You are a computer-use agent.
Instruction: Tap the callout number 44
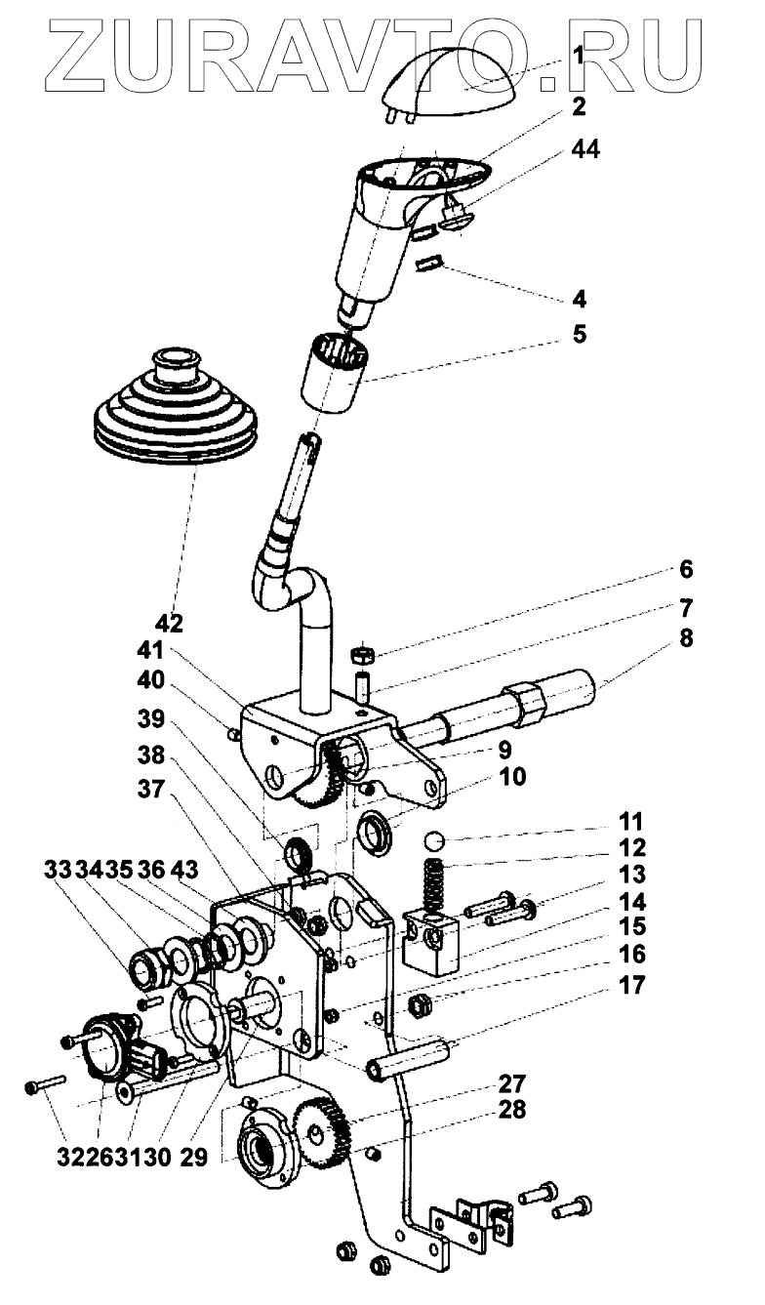tap(585, 149)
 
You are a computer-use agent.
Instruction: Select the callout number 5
tap(579, 335)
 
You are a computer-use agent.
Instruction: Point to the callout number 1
tap(579, 57)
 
